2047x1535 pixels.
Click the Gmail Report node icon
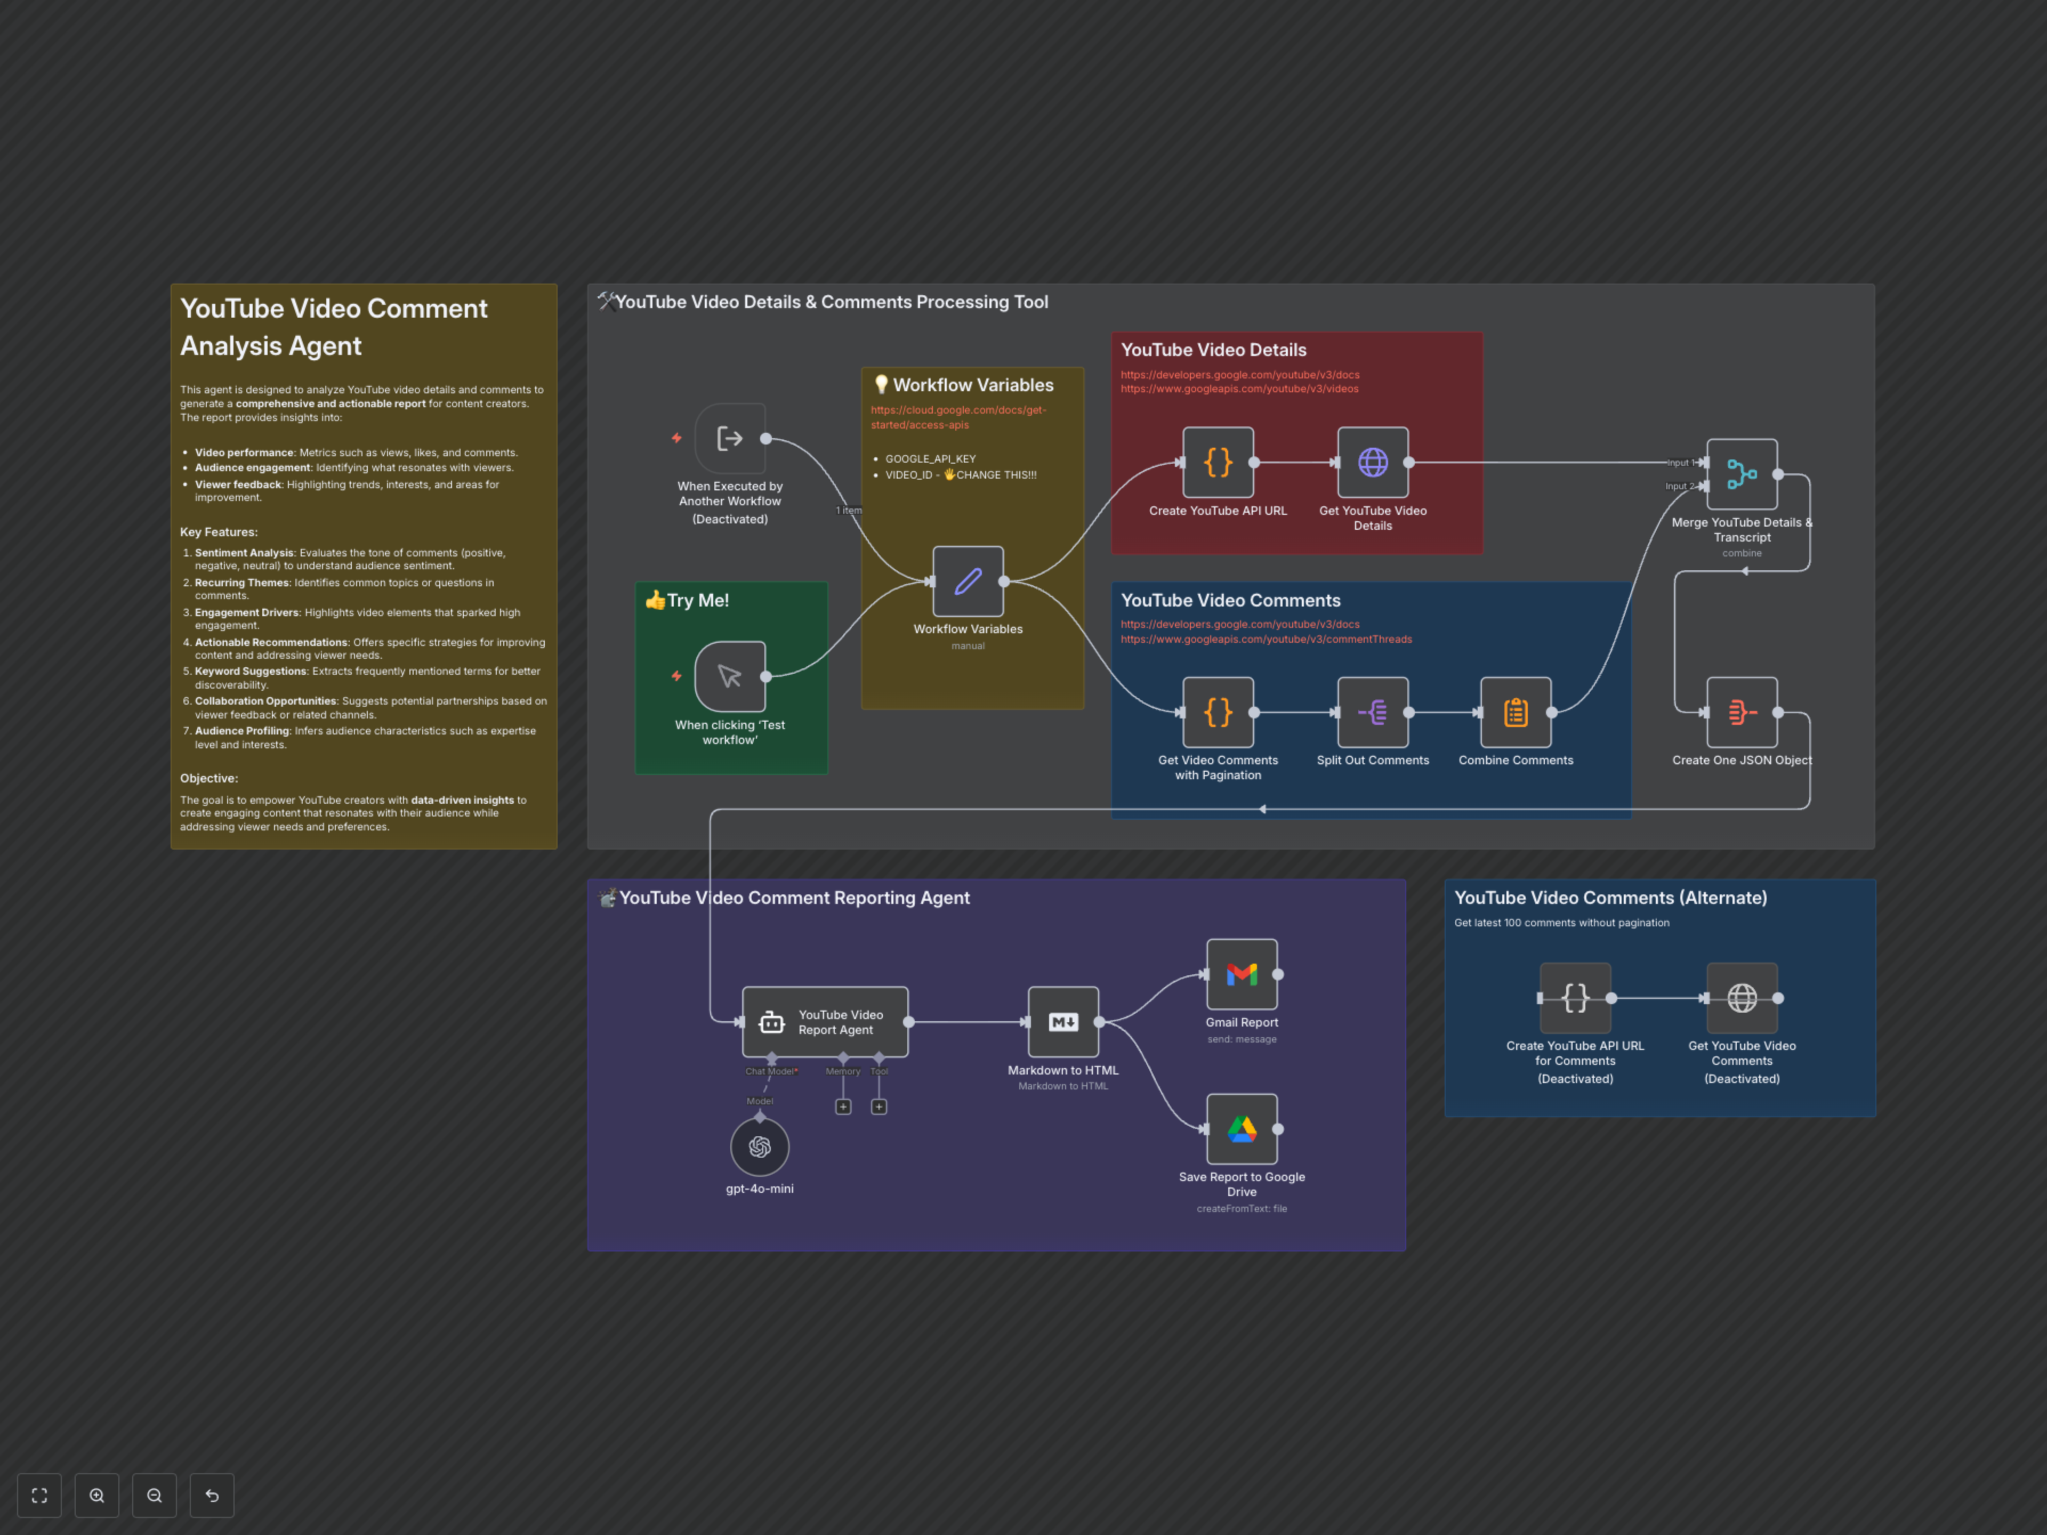tap(1242, 974)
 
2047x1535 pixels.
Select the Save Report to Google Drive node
tap(1242, 1129)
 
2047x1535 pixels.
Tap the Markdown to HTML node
tap(1063, 1022)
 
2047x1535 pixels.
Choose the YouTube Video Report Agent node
tap(825, 1022)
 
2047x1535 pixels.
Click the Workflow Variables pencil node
tap(968, 581)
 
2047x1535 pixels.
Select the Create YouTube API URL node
tap(1218, 462)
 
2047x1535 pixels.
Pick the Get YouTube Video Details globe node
tap(1372, 462)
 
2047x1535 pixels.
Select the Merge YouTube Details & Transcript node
tap(1742, 474)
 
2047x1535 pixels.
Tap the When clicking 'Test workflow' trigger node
tap(730, 676)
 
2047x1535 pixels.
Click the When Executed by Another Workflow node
tap(730, 439)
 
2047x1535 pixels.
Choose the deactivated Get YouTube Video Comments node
tap(1742, 997)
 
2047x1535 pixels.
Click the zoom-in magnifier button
tap(97, 1495)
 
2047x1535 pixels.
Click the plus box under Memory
tap(843, 1106)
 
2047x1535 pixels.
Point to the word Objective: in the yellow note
tap(209, 778)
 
